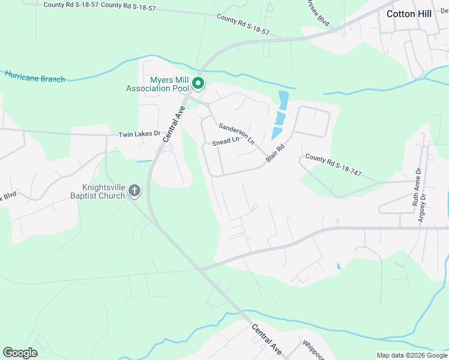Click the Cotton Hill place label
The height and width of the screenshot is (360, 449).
tap(409, 14)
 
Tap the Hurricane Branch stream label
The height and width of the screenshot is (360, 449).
tap(35, 76)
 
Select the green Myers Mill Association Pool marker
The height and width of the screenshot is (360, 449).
tap(197, 85)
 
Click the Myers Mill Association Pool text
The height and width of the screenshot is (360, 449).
tap(157, 85)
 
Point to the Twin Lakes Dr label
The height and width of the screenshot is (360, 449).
tap(140, 134)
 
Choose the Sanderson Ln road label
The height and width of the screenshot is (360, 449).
tap(237, 133)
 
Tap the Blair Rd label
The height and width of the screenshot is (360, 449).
tap(276, 153)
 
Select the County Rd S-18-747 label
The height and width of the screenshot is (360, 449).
tap(333, 165)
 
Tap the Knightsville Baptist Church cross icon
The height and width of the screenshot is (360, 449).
tap(134, 191)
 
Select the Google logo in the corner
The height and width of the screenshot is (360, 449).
tap(20, 352)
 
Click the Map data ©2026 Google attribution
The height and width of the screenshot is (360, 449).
tap(412, 355)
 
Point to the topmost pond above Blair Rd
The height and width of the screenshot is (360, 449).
tap(283, 98)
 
